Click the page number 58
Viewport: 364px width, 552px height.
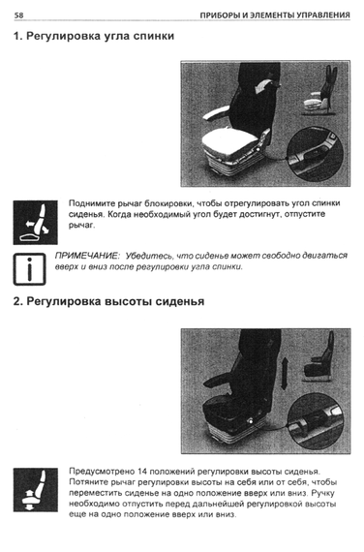pos(18,15)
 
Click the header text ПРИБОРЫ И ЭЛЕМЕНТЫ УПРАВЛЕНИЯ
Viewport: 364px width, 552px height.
pos(275,15)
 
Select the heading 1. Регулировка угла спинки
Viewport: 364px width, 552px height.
pos(94,36)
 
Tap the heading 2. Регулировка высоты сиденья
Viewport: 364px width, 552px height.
pos(108,302)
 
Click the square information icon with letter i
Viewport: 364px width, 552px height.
pos(30,269)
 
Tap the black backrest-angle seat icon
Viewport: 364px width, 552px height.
pos(36,223)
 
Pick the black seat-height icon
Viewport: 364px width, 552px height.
pos(36,490)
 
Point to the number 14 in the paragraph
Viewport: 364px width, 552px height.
pos(142,472)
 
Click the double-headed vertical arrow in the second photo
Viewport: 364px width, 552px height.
pos(284,373)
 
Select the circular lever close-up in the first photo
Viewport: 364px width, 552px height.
pos(315,154)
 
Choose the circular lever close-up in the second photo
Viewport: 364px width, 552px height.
pos(316,420)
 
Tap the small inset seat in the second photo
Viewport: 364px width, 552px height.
pos(318,358)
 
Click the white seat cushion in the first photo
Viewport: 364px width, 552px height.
pos(228,141)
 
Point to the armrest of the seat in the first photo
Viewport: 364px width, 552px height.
pos(216,114)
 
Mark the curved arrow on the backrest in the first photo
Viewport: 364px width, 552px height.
pos(263,85)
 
